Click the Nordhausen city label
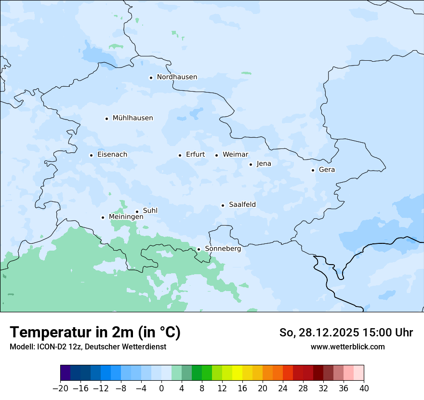[177, 77]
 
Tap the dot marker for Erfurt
[180, 155]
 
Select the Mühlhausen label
[132, 118]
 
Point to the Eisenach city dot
[91, 155]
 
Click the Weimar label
[235, 155]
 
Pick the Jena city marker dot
[251, 164]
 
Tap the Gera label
[327, 170]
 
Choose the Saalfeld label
[242, 205]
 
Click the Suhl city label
[150, 211]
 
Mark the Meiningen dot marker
[103, 217]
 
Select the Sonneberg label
[223, 249]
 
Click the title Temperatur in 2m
[95, 333]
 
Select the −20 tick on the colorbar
[60, 388]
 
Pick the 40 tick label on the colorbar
[364, 388]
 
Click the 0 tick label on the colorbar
[161, 388]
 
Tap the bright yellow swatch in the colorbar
[237, 373]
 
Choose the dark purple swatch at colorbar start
[66, 373]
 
